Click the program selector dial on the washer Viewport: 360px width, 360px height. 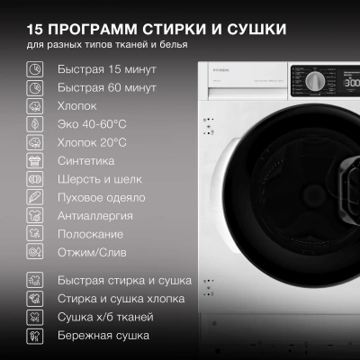(315, 82)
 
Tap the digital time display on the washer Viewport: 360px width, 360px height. (351, 82)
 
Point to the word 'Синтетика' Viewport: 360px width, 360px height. (85, 161)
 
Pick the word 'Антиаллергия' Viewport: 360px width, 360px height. (95, 216)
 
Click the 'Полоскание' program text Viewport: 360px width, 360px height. (90, 235)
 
